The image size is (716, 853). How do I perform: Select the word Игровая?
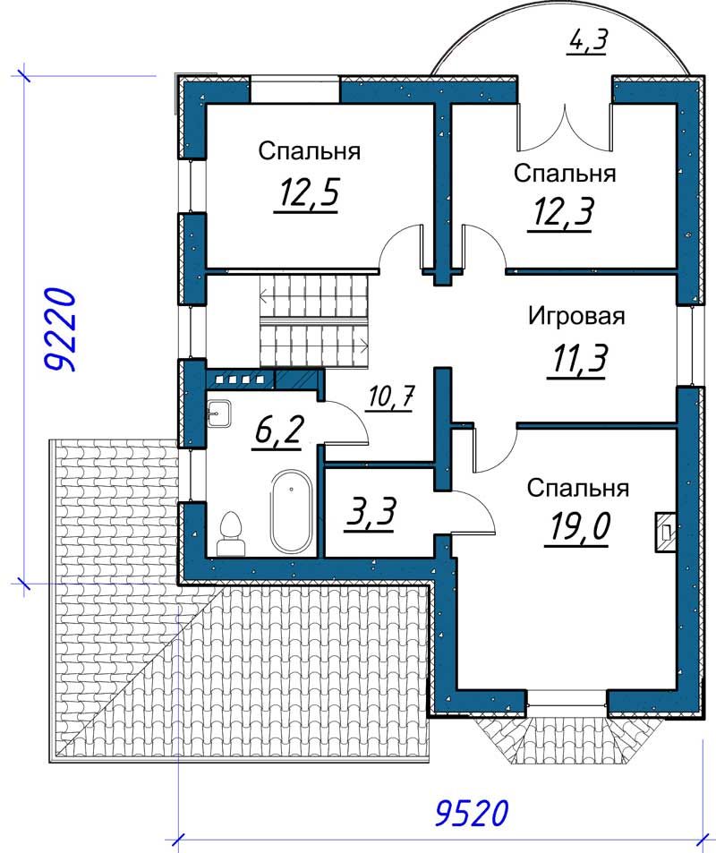[577, 316]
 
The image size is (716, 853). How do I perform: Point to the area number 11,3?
[579, 359]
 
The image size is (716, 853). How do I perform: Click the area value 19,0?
[580, 526]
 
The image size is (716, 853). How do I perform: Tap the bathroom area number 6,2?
[278, 433]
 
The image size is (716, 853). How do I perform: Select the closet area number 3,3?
[370, 515]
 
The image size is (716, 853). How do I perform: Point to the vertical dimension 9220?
[58, 330]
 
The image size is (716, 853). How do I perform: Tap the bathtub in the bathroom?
[291, 511]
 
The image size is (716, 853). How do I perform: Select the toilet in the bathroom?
[231, 534]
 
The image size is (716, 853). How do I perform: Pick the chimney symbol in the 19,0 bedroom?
[665, 533]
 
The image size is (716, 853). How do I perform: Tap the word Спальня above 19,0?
[577, 489]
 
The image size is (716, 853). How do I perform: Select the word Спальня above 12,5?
[309, 151]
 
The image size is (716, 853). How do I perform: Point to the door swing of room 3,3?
[473, 511]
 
